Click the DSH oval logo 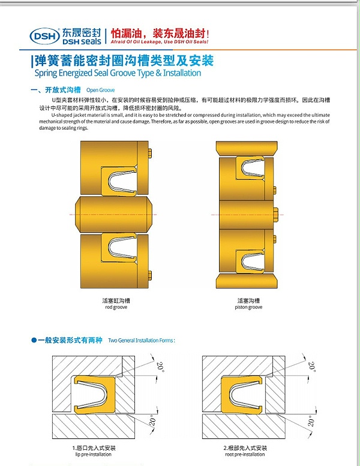tap(44, 35)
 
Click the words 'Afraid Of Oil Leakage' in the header tap(136, 43)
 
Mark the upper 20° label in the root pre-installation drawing tap(311, 365)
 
